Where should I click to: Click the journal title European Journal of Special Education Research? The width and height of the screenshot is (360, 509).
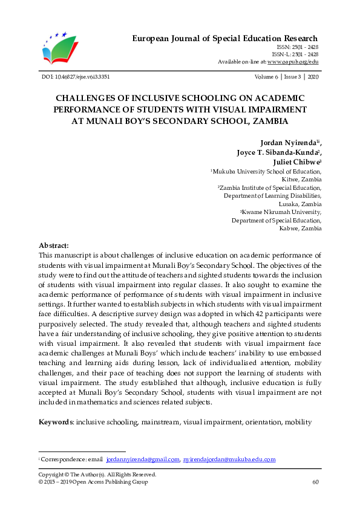pyautogui.click(x=225, y=39)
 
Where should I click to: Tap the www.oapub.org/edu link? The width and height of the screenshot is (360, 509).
pyautogui.click(x=293, y=62)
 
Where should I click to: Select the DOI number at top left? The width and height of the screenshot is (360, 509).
pyautogui.click(x=74, y=77)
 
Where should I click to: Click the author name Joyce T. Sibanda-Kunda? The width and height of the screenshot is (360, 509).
pyautogui.click(x=279, y=152)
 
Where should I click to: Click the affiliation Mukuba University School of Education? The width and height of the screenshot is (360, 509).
pyautogui.click(x=267, y=172)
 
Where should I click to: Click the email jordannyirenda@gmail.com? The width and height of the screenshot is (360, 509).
pyautogui.click(x=142, y=460)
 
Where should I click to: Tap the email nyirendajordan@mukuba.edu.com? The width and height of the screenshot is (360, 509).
pyautogui.click(x=230, y=460)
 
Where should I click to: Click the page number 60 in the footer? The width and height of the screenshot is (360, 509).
pyautogui.click(x=315, y=482)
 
